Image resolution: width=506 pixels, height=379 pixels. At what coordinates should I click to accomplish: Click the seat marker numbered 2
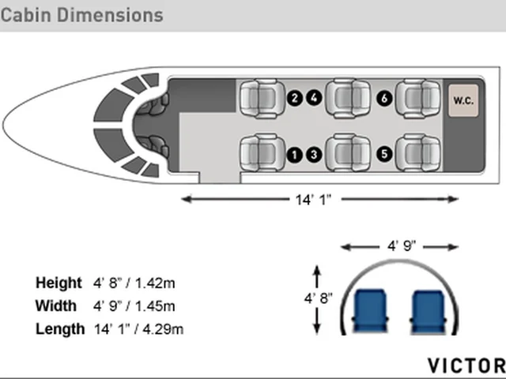tap(294, 98)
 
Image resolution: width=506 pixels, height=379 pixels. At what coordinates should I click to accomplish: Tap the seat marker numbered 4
tap(314, 98)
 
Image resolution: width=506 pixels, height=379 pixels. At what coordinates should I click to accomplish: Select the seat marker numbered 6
tap(384, 98)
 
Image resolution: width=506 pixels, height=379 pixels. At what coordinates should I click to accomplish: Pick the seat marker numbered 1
tap(294, 155)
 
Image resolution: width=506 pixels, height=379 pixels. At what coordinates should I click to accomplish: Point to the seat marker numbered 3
tap(314, 155)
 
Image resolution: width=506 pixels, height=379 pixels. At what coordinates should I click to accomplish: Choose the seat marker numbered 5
tap(384, 154)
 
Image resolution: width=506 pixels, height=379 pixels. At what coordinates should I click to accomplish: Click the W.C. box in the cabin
tap(463, 100)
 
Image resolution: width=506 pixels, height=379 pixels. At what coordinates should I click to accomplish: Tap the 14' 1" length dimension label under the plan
tap(313, 200)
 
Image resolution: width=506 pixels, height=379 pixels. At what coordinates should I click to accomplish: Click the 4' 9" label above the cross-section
tap(402, 246)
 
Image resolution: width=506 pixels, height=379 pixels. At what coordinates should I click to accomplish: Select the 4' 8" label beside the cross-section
tap(318, 298)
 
